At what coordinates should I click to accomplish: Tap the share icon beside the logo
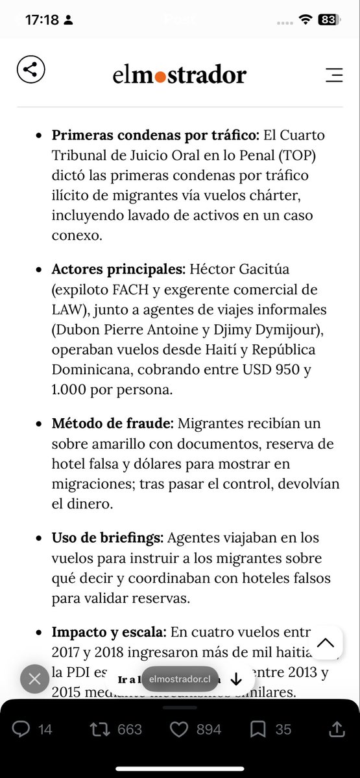pos(31,69)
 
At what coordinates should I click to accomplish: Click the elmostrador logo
pos(179,75)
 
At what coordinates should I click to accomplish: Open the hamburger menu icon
pos(333,75)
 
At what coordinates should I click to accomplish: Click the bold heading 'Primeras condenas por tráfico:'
pos(156,136)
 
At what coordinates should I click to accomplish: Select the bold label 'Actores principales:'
pos(119,268)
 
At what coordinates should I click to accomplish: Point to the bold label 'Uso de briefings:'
pos(108,538)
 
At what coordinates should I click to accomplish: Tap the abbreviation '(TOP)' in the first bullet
pos(301,156)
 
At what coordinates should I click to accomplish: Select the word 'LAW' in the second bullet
pos(69,310)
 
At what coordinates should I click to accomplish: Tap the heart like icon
pos(178,729)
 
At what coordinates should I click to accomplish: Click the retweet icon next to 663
pos(100,729)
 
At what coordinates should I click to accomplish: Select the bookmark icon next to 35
pos(258,729)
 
